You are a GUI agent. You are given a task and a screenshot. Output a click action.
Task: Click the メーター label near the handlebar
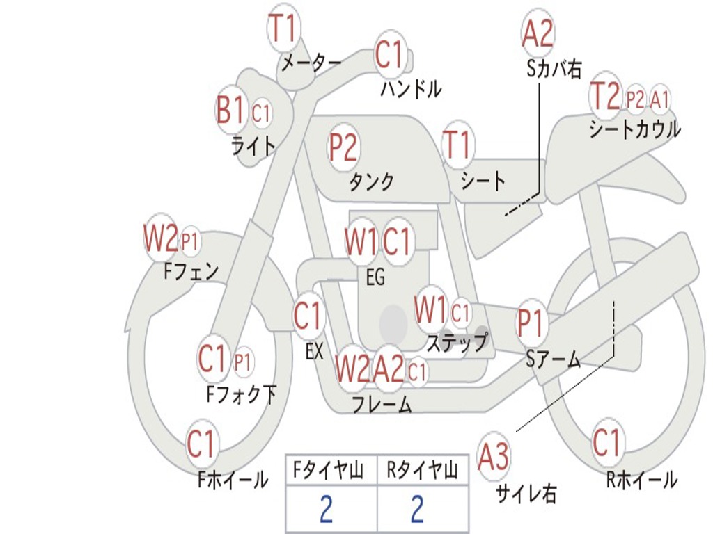pyautogui.click(x=311, y=63)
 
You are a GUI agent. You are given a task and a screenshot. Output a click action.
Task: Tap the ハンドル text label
pyautogui.click(x=411, y=88)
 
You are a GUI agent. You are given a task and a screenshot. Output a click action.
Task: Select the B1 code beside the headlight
pyautogui.click(x=230, y=110)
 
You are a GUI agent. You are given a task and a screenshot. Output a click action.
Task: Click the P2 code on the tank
pyautogui.click(x=343, y=147)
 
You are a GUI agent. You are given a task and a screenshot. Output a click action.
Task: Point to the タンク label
pyautogui.click(x=371, y=181)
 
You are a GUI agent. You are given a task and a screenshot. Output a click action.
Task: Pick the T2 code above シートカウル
pyautogui.click(x=605, y=96)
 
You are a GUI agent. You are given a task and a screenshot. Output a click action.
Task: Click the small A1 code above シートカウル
pyautogui.click(x=659, y=99)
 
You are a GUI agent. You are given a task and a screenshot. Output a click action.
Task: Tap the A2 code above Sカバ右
pyautogui.click(x=538, y=33)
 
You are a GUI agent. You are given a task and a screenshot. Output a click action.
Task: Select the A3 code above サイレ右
pyautogui.click(x=494, y=456)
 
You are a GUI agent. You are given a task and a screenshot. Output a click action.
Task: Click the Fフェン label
pyautogui.click(x=191, y=272)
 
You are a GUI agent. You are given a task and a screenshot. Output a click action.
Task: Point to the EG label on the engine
pyautogui.click(x=375, y=277)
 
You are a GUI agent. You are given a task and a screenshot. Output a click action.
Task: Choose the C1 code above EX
pyautogui.click(x=308, y=316)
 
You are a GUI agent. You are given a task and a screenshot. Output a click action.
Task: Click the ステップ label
pyautogui.click(x=457, y=343)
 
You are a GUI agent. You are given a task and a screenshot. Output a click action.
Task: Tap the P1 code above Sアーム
pyautogui.click(x=530, y=323)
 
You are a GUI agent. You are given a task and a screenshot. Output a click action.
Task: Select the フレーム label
pyautogui.click(x=382, y=404)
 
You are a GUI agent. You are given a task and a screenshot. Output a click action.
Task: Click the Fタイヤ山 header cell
pyautogui.click(x=331, y=470)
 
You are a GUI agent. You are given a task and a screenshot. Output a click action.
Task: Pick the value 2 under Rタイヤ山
pyautogui.click(x=418, y=509)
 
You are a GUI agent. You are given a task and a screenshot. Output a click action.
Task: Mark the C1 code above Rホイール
pyautogui.click(x=607, y=442)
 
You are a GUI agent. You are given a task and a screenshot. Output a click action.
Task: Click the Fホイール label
pyautogui.click(x=233, y=480)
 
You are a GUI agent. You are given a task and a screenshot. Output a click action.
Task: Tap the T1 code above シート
pyautogui.click(x=457, y=145)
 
